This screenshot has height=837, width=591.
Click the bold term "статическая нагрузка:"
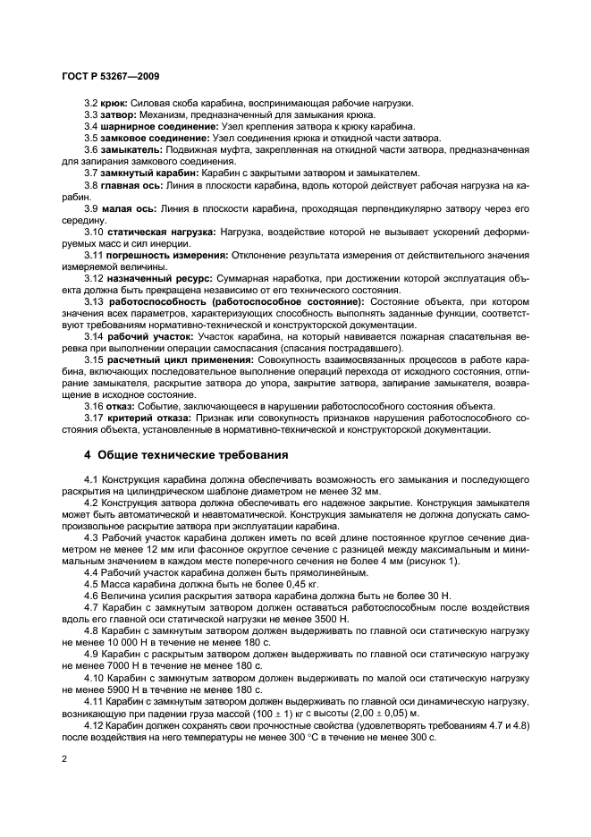[x=163, y=231]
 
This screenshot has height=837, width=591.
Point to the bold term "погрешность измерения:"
[x=167, y=254]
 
